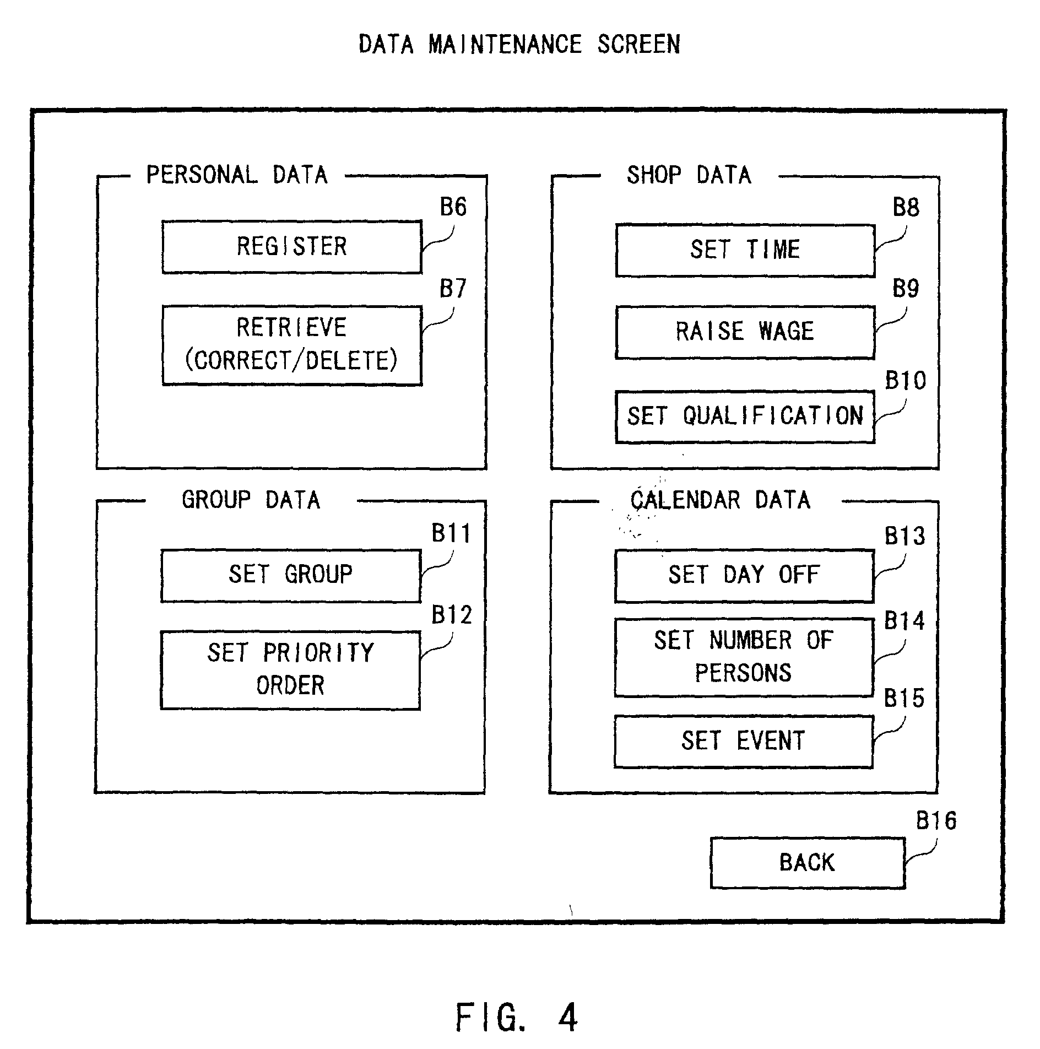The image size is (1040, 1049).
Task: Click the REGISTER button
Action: [x=292, y=247]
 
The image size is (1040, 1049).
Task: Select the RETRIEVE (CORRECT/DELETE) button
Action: [x=292, y=345]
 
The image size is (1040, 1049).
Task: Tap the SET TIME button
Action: [x=745, y=250]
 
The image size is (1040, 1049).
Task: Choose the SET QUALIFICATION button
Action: [x=745, y=417]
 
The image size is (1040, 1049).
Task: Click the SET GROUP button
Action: [x=290, y=575]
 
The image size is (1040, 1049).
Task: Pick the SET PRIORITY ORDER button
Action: [x=290, y=670]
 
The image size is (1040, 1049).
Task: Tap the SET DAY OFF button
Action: [x=744, y=575]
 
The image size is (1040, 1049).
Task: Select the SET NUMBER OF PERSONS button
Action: [x=744, y=657]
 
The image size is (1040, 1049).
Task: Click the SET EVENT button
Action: [x=744, y=741]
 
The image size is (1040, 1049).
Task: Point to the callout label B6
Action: [x=453, y=208]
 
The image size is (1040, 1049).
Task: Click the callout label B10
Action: [x=905, y=381]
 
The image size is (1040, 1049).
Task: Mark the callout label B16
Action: [x=936, y=821]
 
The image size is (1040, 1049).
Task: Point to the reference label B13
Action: [x=904, y=536]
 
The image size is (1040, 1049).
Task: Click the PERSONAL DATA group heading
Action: [x=237, y=175]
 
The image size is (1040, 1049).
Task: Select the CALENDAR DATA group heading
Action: [x=720, y=500]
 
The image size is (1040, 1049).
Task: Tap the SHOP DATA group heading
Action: [x=689, y=175]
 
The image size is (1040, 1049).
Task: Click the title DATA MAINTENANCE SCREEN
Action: [x=519, y=44]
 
